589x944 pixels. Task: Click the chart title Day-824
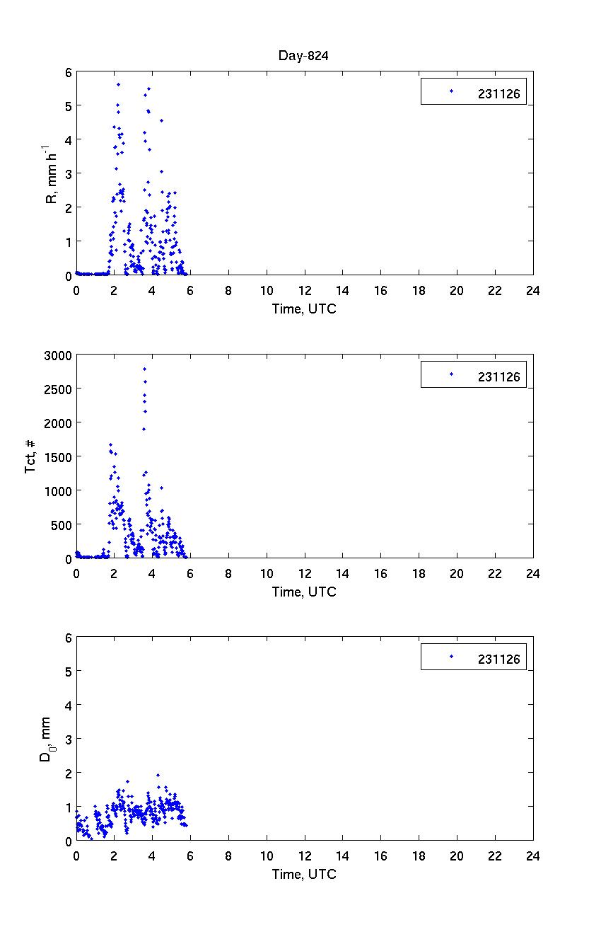coord(304,56)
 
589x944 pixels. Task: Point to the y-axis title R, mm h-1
coord(52,173)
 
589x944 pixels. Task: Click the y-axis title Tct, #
coord(32,456)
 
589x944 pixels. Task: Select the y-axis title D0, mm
coord(45,739)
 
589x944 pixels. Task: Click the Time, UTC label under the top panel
coord(304,309)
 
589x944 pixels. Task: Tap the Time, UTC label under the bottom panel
coord(304,874)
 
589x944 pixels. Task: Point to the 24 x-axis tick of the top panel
coord(532,290)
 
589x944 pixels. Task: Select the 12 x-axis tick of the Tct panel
coord(305,573)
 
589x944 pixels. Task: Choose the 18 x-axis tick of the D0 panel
coord(419,856)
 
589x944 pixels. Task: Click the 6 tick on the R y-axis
coord(68,72)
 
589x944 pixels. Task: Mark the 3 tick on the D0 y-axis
coord(68,739)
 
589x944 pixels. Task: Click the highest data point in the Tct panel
coord(145,369)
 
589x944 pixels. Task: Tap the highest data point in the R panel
coord(118,84)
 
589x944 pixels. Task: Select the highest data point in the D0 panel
coord(158,775)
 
